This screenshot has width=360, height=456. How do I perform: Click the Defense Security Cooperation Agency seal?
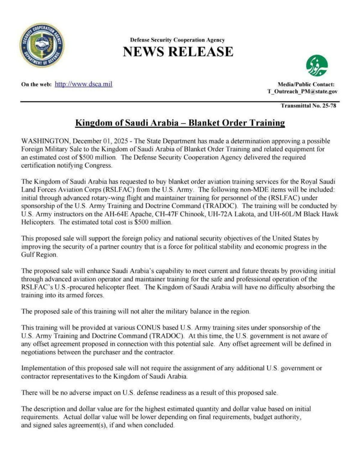tap(42, 45)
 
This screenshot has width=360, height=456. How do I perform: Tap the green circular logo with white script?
tap(317, 65)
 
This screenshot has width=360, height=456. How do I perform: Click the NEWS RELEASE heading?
tap(178, 52)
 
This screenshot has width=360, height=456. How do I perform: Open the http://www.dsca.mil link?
tap(83, 84)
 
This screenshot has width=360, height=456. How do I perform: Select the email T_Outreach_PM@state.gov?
tap(302, 92)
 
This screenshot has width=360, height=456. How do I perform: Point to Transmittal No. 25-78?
tap(308, 106)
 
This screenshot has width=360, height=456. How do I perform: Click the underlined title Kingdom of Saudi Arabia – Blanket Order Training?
tap(180, 123)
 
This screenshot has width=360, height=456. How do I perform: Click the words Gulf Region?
tap(39, 255)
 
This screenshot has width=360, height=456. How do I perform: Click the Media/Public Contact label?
tap(306, 85)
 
